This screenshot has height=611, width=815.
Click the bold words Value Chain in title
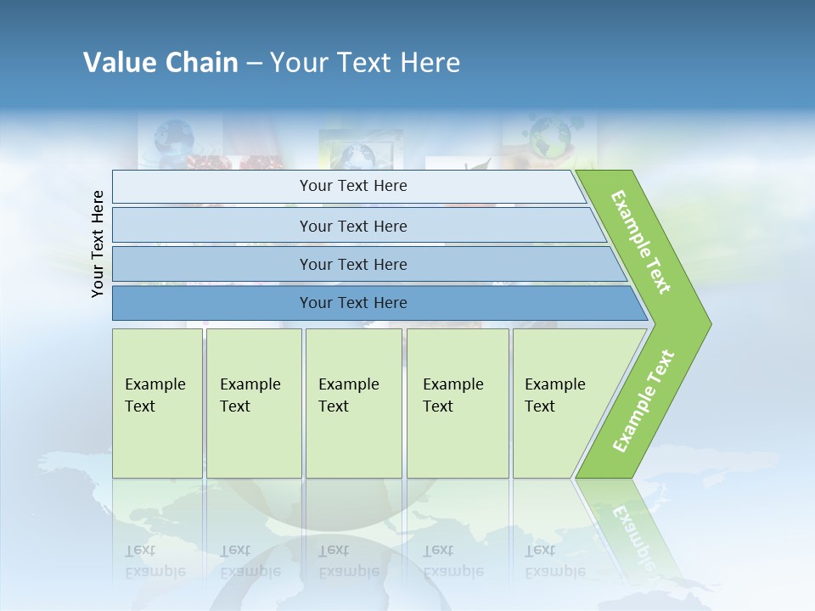(160, 62)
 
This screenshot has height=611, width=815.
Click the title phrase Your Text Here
(365, 62)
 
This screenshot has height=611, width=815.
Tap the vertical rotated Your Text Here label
(98, 244)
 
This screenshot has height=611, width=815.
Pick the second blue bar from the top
(352, 226)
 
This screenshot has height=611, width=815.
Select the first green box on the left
(157, 403)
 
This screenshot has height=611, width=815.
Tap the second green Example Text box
(253, 403)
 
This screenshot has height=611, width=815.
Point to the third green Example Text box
(352, 403)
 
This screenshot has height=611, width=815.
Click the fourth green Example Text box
(457, 403)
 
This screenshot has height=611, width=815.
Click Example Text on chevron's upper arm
(641, 242)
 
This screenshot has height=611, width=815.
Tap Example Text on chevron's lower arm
(644, 401)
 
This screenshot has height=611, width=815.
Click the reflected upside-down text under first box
(155, 561)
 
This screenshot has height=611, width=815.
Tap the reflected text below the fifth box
(554, 561)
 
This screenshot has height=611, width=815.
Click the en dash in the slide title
(254, 63)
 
